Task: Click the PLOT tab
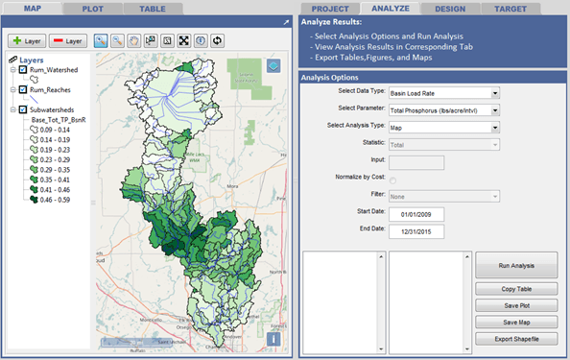(93, 8)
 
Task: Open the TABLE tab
(152, 8)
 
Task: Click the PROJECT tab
(329, 8)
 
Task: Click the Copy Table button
(517, 289)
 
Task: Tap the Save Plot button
(517, 305)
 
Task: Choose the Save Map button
(517, 322)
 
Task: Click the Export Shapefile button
(517, 338)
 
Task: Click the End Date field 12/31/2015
(417, 231)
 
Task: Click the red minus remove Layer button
(67, 41)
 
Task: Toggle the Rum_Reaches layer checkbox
(22, 90)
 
